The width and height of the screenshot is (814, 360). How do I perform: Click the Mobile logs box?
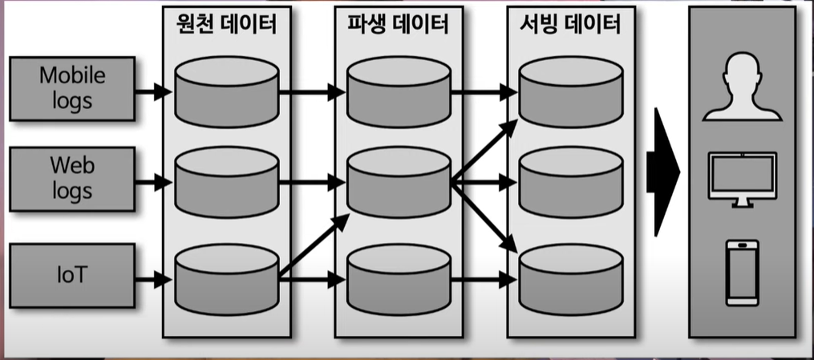coord(73,89)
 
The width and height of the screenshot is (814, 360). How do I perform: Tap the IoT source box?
coord(73,276)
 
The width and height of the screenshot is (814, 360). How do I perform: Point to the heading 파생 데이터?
coord(399,24)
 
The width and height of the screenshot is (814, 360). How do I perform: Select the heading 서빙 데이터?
coord(569,24)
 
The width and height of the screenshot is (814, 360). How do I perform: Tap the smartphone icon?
coord(741,273)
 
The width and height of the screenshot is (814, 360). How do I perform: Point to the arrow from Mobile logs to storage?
coord(153,92)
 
